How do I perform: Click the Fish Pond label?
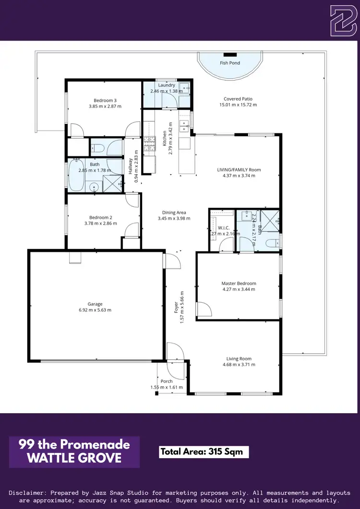tap(230, 63)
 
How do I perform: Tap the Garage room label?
tap(95, 304)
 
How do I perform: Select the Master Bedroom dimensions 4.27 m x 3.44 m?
tap(239, 289)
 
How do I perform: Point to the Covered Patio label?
tap(239, 99)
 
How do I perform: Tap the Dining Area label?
tap(174, 213)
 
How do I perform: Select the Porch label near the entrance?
tap(167, 381)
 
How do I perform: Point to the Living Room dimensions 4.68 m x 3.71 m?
tap(239, 365)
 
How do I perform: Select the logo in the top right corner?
tap(343, 21)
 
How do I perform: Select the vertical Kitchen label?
tap(164, 138)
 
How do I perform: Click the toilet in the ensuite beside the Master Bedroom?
tap(272, 243)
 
